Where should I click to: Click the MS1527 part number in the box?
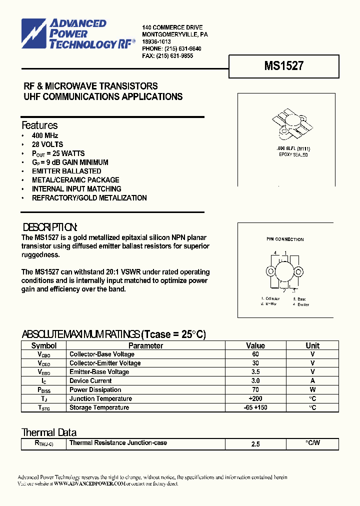[x=283, y=65]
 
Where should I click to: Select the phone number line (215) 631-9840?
[x=171, y=49]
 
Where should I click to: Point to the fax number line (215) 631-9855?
[x=167, y=56]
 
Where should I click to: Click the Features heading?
[x=39, y=125]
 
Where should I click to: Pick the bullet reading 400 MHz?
[x=45, y=135]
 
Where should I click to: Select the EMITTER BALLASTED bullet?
[x=66, y=171]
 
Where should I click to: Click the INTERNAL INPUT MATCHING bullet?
[x=76, y=189]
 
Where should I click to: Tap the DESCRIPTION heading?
[x=49, y=226]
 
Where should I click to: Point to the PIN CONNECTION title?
[x=285, y=239]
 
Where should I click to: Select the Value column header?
[x=255, y=345]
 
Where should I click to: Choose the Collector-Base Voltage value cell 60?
[x=255, y=354]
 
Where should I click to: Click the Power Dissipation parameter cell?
[x=95, y=390]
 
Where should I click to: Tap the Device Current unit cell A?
[x=312, y=381]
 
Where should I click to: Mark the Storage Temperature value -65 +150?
[x=255, y=408]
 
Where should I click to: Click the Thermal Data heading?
[x=49, y=432]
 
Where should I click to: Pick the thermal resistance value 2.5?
[x=255, y=444]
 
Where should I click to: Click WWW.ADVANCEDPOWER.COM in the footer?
[x=89, y=483]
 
